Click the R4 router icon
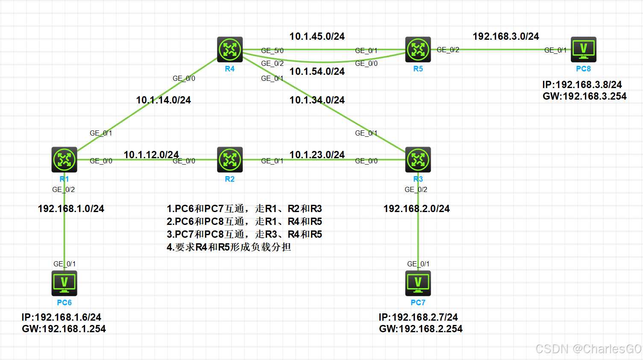click(x=230, y=50)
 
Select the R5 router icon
click(x=418, y=50)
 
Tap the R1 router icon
click(x=64, y=159)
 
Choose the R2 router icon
click(x=230, y=159)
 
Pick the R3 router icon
click(x=418, y=159)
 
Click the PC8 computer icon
click(x=583, y=50)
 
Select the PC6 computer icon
click(x=64, y=283)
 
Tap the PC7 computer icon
click(x=418, y=283)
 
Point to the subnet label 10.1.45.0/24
click(x=317, y=36)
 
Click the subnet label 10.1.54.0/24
click(x=317, y=71)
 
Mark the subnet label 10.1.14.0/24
click(x=163, y=100)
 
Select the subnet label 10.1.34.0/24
click(x=317, y=100)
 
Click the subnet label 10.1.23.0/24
click(x=317, y=155)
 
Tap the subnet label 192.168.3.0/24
click(x=506, y=36)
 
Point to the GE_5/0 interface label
click(x=272, y=50)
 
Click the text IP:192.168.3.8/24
click(x=582, y=85)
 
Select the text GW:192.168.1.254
click(x=64, y=329)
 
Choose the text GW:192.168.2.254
click(x=420, y=329)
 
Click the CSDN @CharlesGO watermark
click(x=588, y=349)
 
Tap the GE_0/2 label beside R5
click(x=448, y=50)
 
